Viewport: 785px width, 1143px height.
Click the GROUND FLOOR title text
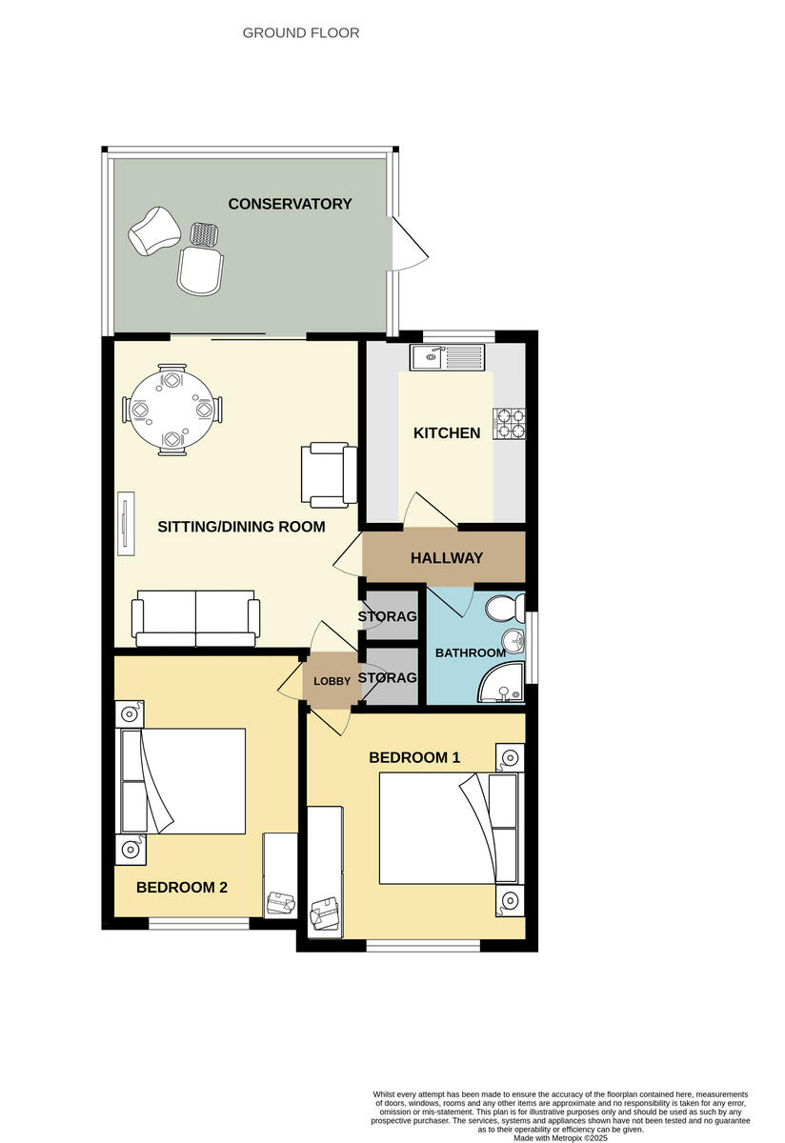pos(301,33)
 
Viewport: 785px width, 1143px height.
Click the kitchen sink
pos(447,358)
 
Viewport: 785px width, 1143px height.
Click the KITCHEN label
pos(446,433)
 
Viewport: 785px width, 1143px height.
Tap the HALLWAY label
pos(446,558)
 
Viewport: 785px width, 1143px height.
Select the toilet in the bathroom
pos(506,606)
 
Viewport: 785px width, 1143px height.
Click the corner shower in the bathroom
pos(505,684)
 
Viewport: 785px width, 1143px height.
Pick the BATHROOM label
pos(470,653)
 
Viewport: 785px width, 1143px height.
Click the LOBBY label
pos(332,681)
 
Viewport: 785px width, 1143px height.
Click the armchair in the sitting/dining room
pos(328,473)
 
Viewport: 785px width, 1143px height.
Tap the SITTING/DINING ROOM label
pos(241,527)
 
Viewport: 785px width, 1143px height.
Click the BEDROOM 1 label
pos(414,758)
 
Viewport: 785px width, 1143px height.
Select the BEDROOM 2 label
pos(181,888)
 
